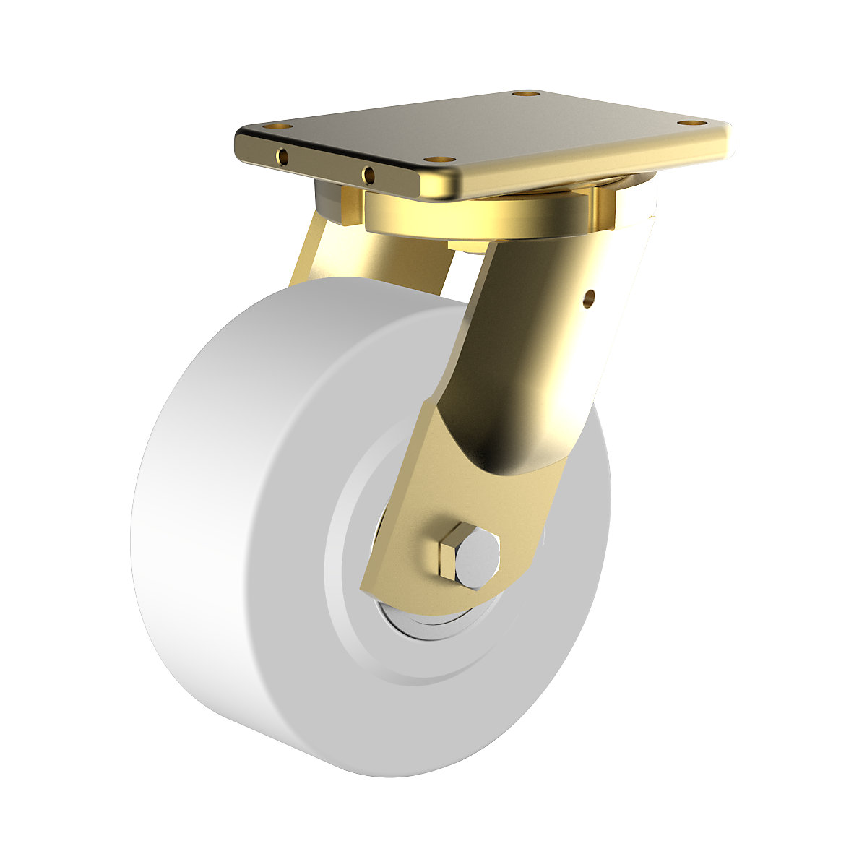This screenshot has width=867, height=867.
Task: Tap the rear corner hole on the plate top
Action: point(525,94)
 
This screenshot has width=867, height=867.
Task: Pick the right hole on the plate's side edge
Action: point(368,173)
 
